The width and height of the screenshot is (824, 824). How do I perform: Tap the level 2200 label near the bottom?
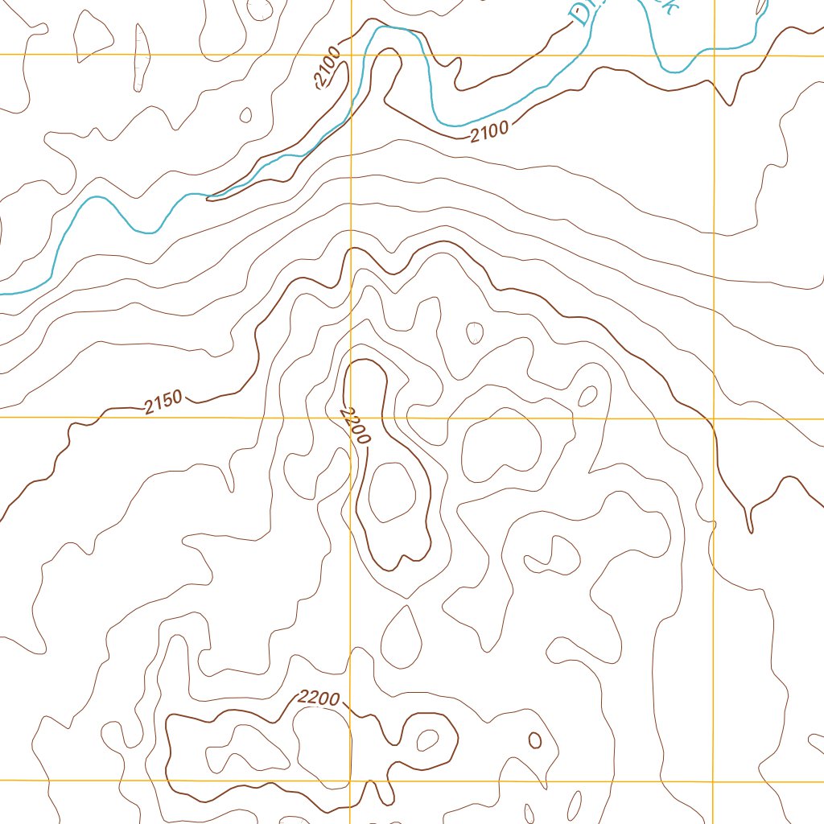[x=319, y=698]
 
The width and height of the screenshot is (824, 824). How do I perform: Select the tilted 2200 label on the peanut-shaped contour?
[x=355, y=426]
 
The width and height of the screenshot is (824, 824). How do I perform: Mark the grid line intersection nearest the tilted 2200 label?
[x=352, y=418]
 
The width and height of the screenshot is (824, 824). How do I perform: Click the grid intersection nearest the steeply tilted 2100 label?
[x=352, y=56]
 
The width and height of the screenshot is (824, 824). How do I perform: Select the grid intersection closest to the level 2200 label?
[x=351, y=781]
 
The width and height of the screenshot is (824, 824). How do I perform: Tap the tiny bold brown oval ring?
[x=535, y=740]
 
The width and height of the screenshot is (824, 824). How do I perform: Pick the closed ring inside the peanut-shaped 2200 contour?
[x=392, y=491]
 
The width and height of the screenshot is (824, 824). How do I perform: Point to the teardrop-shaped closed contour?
[x=402, y=636]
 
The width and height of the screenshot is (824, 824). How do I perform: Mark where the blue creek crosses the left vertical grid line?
[x=352, y=113]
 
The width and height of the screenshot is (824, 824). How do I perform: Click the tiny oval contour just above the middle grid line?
[x=588, y=395]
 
